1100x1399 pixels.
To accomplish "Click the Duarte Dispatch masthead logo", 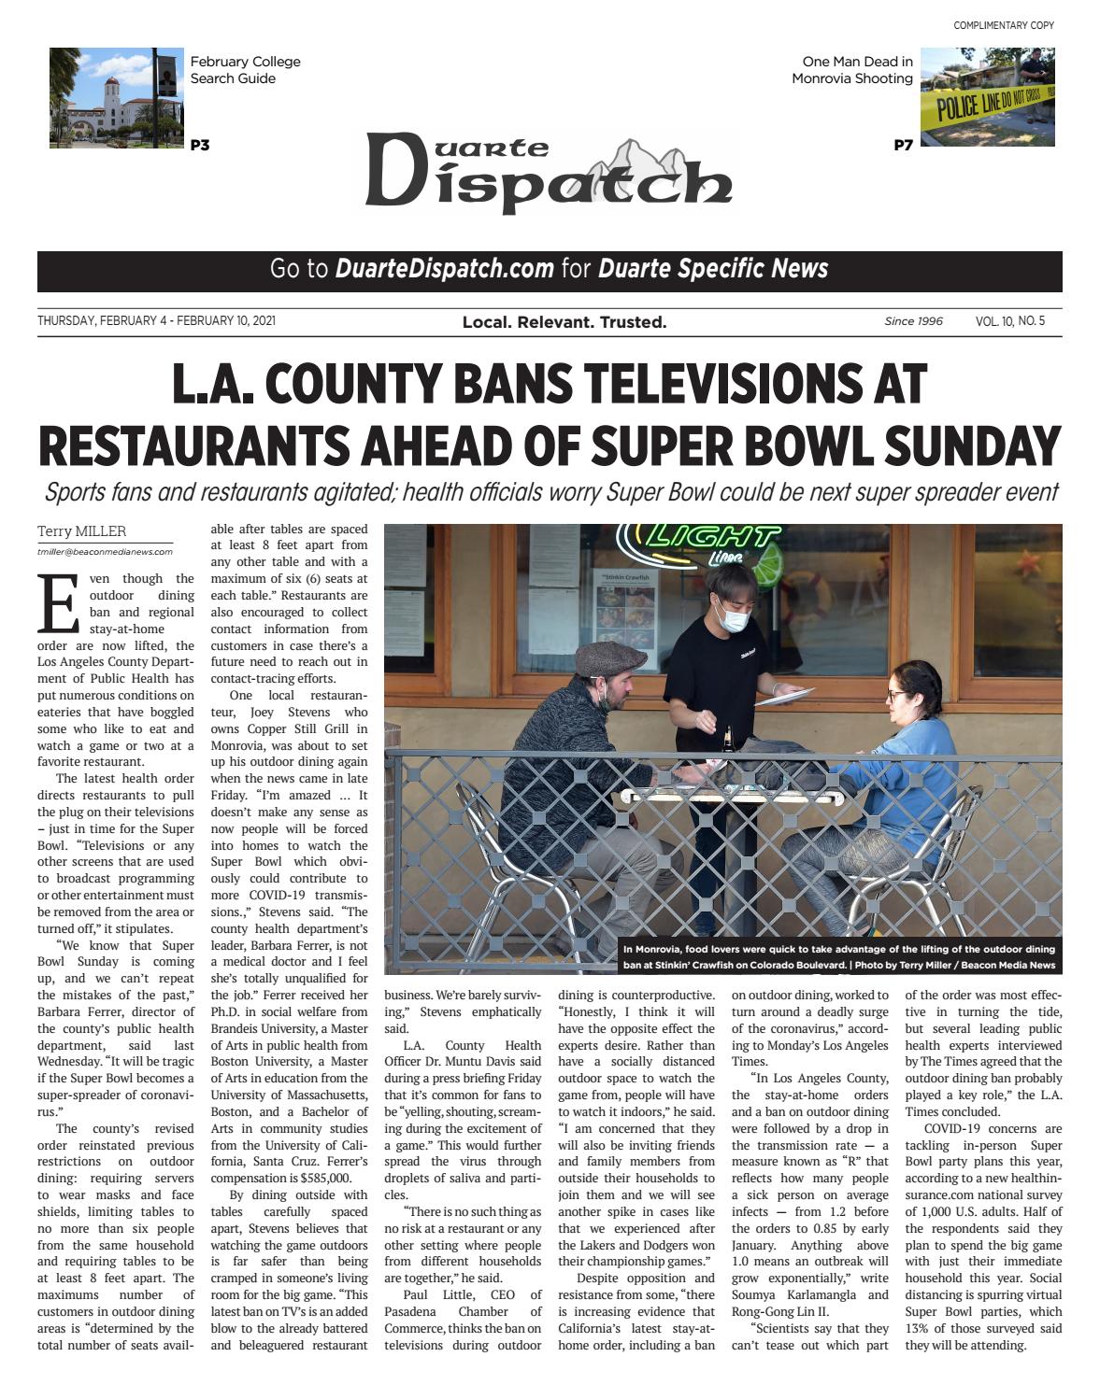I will (548, 174).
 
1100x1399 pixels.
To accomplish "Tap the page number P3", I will (200, 145).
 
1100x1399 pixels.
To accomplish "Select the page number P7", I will (903, 145).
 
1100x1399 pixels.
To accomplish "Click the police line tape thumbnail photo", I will (987, 97).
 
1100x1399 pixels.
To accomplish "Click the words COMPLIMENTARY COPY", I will (1004, 25).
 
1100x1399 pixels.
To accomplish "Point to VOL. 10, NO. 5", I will (1010, 321).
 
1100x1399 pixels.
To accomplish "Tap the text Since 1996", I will (913, 321).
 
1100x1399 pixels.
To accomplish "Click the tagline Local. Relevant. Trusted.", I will (564, 322).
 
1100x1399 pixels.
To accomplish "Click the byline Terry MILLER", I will (81, 531).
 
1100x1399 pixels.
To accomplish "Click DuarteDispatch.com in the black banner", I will (444, 269).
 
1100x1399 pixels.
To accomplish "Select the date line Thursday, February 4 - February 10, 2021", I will (156, 321).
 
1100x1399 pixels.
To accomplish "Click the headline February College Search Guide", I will (245, 70).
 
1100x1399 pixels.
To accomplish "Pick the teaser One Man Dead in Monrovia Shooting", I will (852, 70).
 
